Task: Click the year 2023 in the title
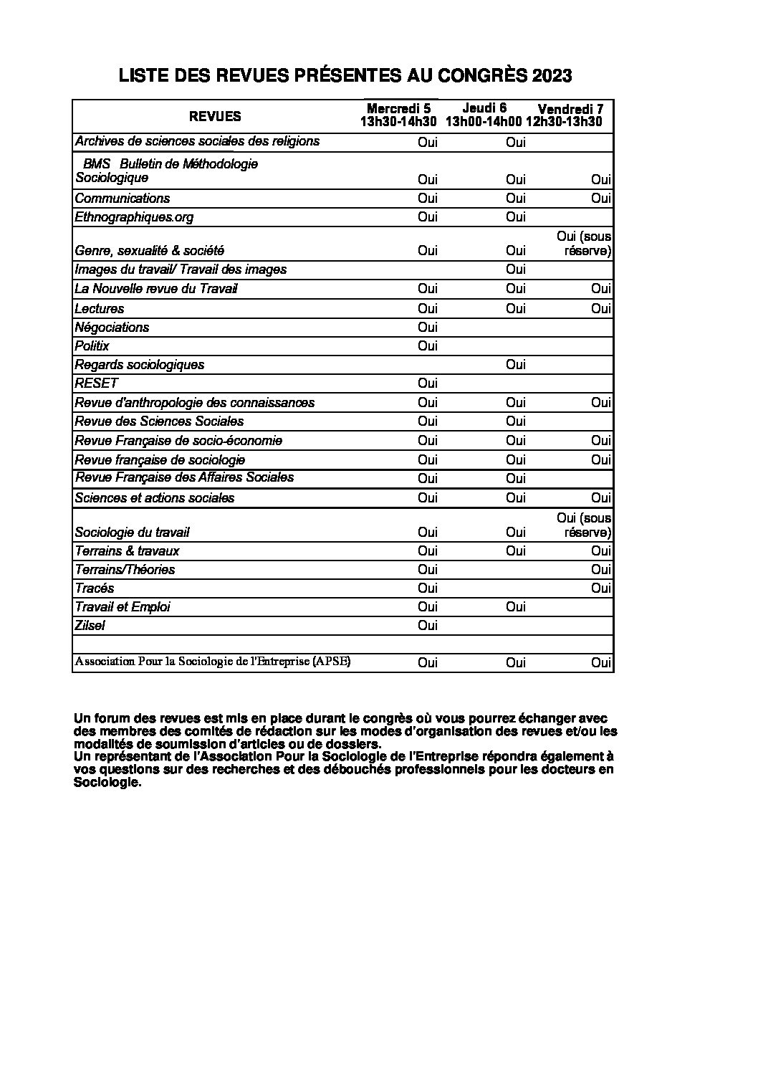[x=551, y=77]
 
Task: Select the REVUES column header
[x=215, y=116]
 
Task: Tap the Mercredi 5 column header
[x=398, y=115]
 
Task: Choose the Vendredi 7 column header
[x=570, y=115]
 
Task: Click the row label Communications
[x=123, y=199]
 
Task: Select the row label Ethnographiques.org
[x=134, y=217]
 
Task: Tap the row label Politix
[x=92, y=346]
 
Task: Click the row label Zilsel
[x=90, y=626]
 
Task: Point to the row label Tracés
[x=95, y=588]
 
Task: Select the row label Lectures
[x=100, y=309]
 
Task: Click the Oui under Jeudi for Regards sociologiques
[x=515, y=365]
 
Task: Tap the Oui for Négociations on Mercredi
[x=428, y=328]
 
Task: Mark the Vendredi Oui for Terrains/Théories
[x=600, y=570]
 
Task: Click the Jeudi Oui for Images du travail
[x=515, y=270]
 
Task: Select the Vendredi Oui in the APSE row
[x=600, y=663]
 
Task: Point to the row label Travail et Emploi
[x=123, y=607]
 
